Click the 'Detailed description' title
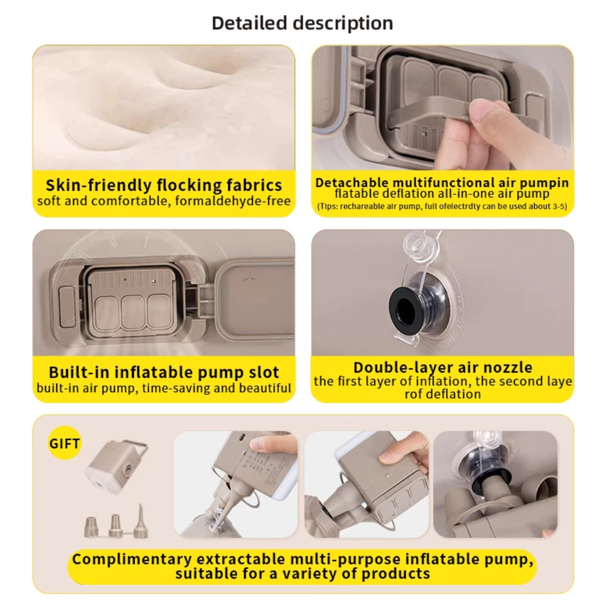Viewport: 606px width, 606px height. click(302, 23)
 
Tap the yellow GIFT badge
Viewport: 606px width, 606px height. click(64, 443)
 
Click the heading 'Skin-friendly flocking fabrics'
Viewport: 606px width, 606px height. click(164, 185)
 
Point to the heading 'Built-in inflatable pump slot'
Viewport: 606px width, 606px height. click(164, 372)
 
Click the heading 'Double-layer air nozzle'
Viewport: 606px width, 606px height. click(443, 367)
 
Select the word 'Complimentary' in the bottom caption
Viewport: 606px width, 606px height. click(132, 559)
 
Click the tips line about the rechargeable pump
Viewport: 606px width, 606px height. click(442, 206)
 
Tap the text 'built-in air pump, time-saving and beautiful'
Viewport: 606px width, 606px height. click(164, 388)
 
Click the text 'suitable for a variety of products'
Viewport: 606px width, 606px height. click(302, 573)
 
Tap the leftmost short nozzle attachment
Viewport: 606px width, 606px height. click(91, 527)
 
